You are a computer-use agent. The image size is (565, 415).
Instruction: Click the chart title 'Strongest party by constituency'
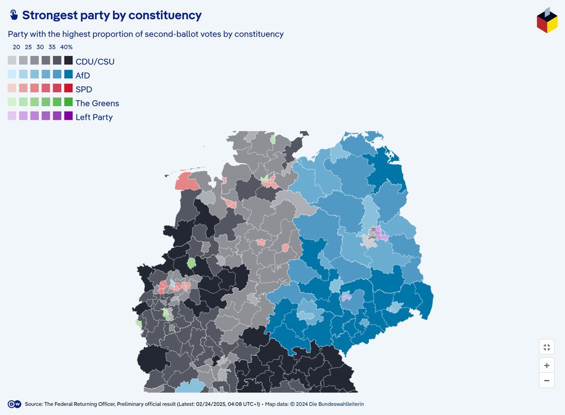tap(111, 16)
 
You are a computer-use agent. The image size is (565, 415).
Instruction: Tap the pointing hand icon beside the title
tap(14, 15)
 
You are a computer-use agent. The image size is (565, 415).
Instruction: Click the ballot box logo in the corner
tap(546, 20)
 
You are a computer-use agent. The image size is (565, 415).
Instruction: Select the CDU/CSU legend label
tap(95, 61)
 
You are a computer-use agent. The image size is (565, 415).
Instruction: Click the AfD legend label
tap(82, 75)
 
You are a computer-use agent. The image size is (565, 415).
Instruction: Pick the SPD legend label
tap(84, 89)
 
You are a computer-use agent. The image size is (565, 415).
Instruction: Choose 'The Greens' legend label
tap(97, 103)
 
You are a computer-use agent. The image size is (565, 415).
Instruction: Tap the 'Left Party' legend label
tap(94, 117)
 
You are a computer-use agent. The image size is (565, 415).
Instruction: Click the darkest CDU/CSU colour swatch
tap(68, 60)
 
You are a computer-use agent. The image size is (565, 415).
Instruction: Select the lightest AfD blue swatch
tap(12, 75)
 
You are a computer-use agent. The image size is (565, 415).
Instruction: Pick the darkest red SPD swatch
tap(68, 88)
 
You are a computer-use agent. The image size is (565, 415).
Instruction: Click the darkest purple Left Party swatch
tap(68, 116)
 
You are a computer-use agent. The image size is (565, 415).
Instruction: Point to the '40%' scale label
tap(66, 47)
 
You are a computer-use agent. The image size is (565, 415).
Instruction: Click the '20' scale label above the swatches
tap(16, 47)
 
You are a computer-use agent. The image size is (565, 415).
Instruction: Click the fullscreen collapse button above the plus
tap(546, 347)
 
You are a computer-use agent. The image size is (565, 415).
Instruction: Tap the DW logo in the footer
tap(14, 404)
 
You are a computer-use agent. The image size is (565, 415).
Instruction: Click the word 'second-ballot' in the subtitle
tap(171, 34)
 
